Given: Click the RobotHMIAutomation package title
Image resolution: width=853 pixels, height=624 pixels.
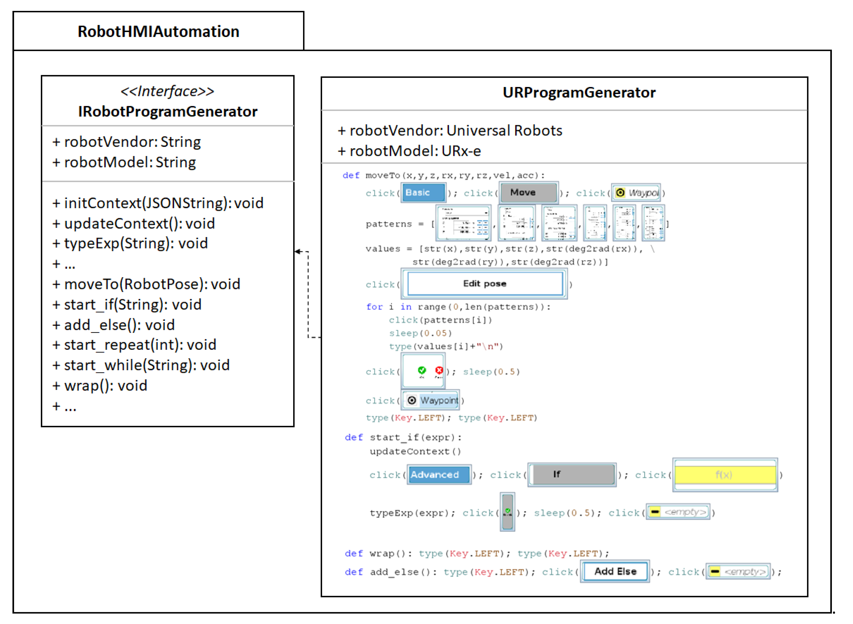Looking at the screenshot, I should pos(158,31).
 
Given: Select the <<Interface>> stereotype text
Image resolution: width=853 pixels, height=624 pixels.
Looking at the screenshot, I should pos(167,91).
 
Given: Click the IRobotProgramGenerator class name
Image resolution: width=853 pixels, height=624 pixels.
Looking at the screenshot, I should pos(167,111).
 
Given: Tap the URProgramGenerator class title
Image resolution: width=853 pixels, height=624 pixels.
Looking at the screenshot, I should pos(579,93).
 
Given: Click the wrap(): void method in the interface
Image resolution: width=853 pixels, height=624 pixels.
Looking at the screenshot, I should pos(100,386).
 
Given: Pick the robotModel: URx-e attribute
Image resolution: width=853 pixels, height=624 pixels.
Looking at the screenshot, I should pos(409,151).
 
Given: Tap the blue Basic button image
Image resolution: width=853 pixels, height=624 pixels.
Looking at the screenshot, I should pos(423,193).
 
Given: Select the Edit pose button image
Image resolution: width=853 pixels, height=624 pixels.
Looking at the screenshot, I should pos(485,284).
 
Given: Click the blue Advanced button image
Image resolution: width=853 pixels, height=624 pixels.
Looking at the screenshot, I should pos(439,475).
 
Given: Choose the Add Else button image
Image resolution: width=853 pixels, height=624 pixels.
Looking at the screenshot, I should pos(615,572).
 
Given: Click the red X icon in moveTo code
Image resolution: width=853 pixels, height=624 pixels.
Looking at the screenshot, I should pos(439,370).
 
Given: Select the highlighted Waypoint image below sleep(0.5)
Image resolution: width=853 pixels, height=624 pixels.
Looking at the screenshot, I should pos(431,400).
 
